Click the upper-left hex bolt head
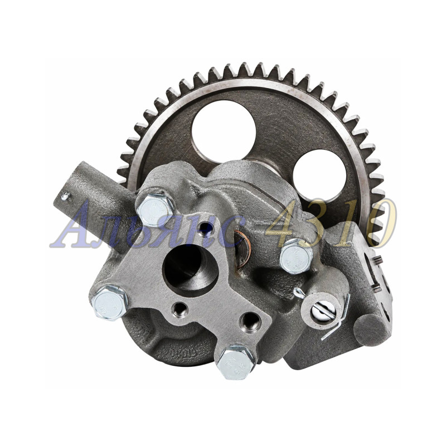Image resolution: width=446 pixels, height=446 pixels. click(154, 209)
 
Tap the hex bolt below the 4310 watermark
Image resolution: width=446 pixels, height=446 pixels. click(296, 255)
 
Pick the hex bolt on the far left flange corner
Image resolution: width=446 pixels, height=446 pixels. click(110, 303)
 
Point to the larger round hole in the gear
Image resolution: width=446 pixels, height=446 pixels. click(224, 132)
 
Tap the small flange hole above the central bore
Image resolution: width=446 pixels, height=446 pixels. click(206, 227)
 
